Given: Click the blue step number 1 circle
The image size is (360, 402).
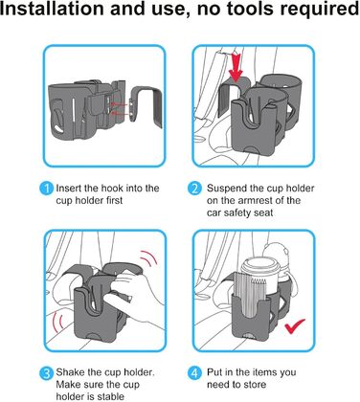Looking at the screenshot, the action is click(x=47, y=189).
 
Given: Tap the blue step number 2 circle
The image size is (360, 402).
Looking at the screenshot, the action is click(x=194, y=189).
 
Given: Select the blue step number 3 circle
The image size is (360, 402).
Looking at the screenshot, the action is click(x=47, y=373).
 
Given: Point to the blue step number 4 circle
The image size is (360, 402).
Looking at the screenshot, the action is click(x=194, y=373).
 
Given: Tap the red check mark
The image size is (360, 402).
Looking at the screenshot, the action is click(x=295, y=325).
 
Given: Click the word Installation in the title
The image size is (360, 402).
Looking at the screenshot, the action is click(x=52, y=9).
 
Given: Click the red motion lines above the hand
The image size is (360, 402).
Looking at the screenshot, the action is click(x=148, y=259).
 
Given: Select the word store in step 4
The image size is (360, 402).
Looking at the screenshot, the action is click(x=254, y=385).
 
